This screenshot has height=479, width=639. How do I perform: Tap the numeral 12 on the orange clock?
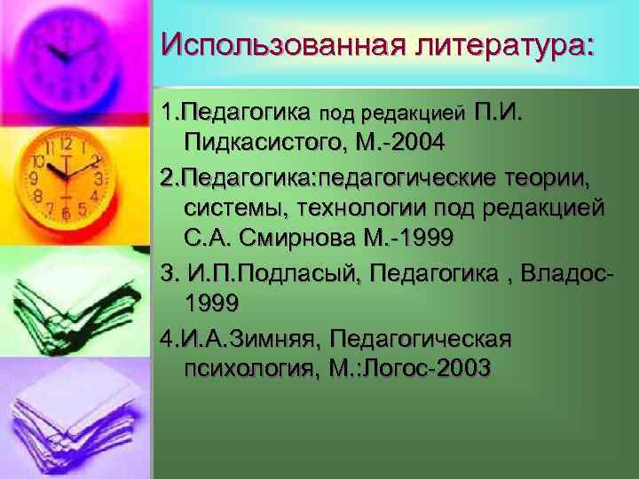67,142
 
